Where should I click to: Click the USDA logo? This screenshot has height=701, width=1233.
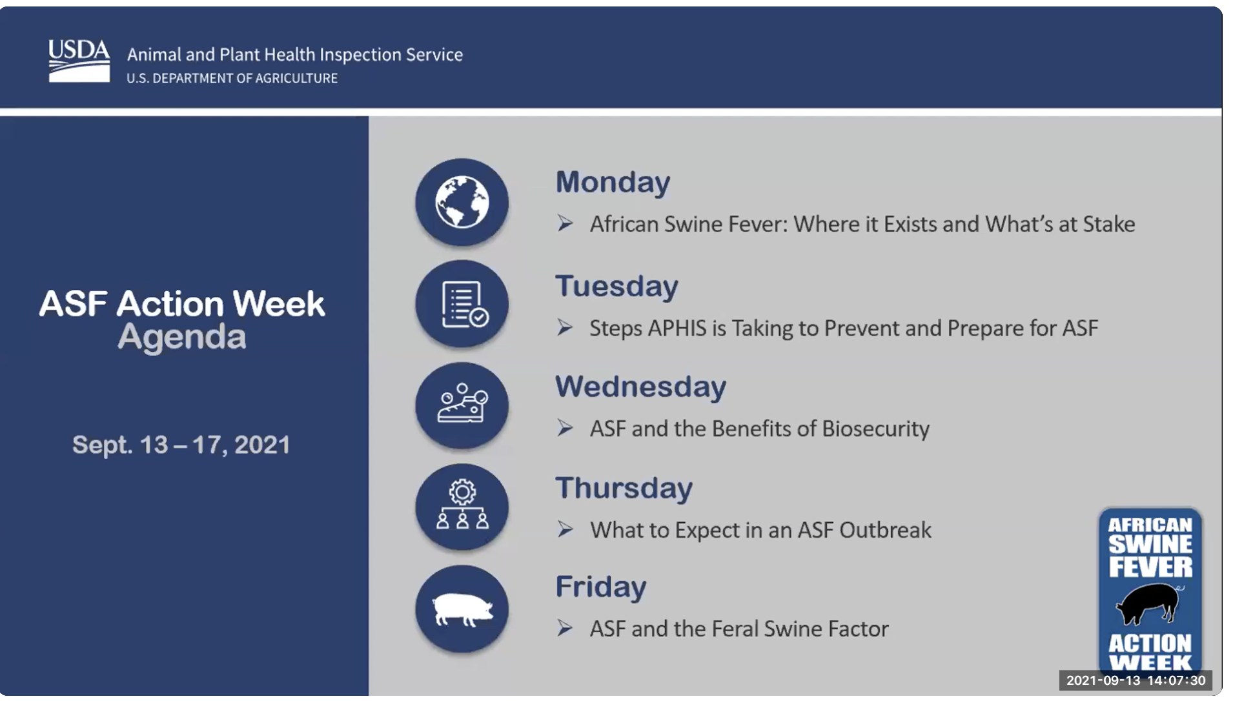(x=79, y=61)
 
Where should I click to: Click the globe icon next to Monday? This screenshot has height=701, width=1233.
(x=462, y=202)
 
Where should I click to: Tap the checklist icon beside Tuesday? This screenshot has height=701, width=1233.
(x=462, y=304)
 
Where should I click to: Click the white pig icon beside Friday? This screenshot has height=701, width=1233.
(x=462, y=609)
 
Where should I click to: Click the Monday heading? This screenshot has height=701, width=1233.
(x=613, y=182)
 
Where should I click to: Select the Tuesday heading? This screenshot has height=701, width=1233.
(x=616, y=286)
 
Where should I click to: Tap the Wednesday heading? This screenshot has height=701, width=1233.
(x=640, y=387)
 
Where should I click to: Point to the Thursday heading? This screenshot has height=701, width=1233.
(x=624, y=488)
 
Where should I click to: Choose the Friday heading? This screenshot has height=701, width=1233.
(x=600, y=587)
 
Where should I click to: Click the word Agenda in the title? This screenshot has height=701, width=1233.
(x=181, y=338)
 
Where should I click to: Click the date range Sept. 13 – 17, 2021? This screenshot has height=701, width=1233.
(x=181, y=445)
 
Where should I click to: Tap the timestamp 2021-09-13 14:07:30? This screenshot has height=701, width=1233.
(x=1136, y=680)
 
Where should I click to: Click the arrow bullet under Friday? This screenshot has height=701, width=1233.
(x=565, y=628)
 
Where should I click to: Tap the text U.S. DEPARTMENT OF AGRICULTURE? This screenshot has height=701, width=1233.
(x=232, y=78)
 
